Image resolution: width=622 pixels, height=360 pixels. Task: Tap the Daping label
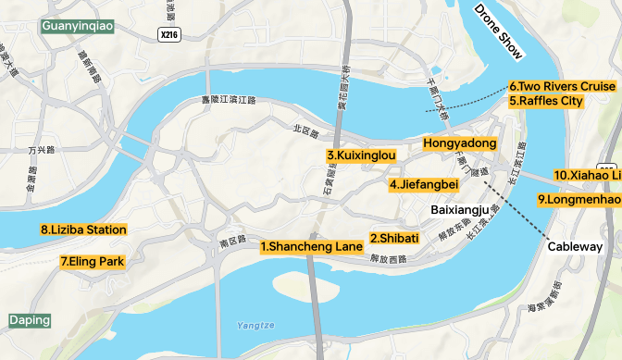30,320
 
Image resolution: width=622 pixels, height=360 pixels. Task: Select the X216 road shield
168,35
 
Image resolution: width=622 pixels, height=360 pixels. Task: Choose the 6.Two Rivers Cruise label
562,86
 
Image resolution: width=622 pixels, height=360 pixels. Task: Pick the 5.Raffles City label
546,101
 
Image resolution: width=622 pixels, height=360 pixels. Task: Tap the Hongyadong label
460,143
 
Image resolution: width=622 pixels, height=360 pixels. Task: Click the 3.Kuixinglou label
361,155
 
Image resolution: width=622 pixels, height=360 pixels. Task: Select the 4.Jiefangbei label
424,184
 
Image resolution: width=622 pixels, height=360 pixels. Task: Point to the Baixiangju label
460,210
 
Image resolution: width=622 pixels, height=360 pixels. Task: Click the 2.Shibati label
394,238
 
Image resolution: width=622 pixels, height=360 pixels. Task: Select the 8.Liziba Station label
83,230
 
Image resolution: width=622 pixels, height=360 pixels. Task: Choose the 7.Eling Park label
92,262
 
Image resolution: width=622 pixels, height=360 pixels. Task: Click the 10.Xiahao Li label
587,175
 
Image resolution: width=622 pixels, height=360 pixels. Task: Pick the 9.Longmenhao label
578,199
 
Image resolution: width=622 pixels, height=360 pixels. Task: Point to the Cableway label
575,247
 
